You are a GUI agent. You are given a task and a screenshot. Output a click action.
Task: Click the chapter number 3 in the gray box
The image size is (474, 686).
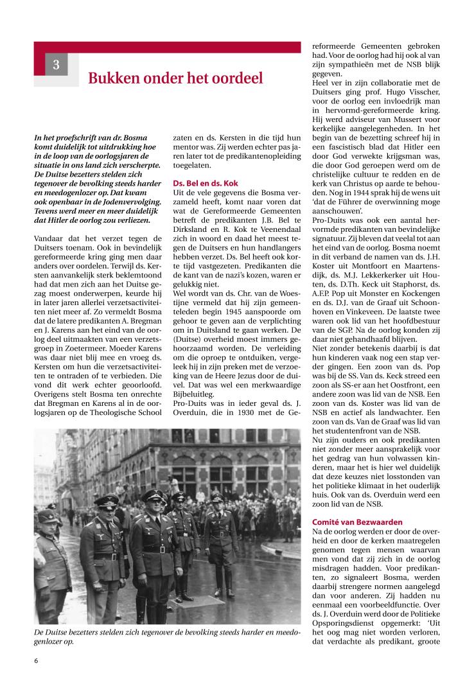(x=56, y=64)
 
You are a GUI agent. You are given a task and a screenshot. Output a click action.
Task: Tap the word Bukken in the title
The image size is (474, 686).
(x=112, y=78)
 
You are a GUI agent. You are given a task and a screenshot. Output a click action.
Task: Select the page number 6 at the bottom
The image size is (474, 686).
(x=36, y=661)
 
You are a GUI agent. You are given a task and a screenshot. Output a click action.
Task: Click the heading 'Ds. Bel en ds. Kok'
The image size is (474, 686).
(x=206, y=183)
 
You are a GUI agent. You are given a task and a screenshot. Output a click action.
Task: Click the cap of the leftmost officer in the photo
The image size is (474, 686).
(x=46, y=516)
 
